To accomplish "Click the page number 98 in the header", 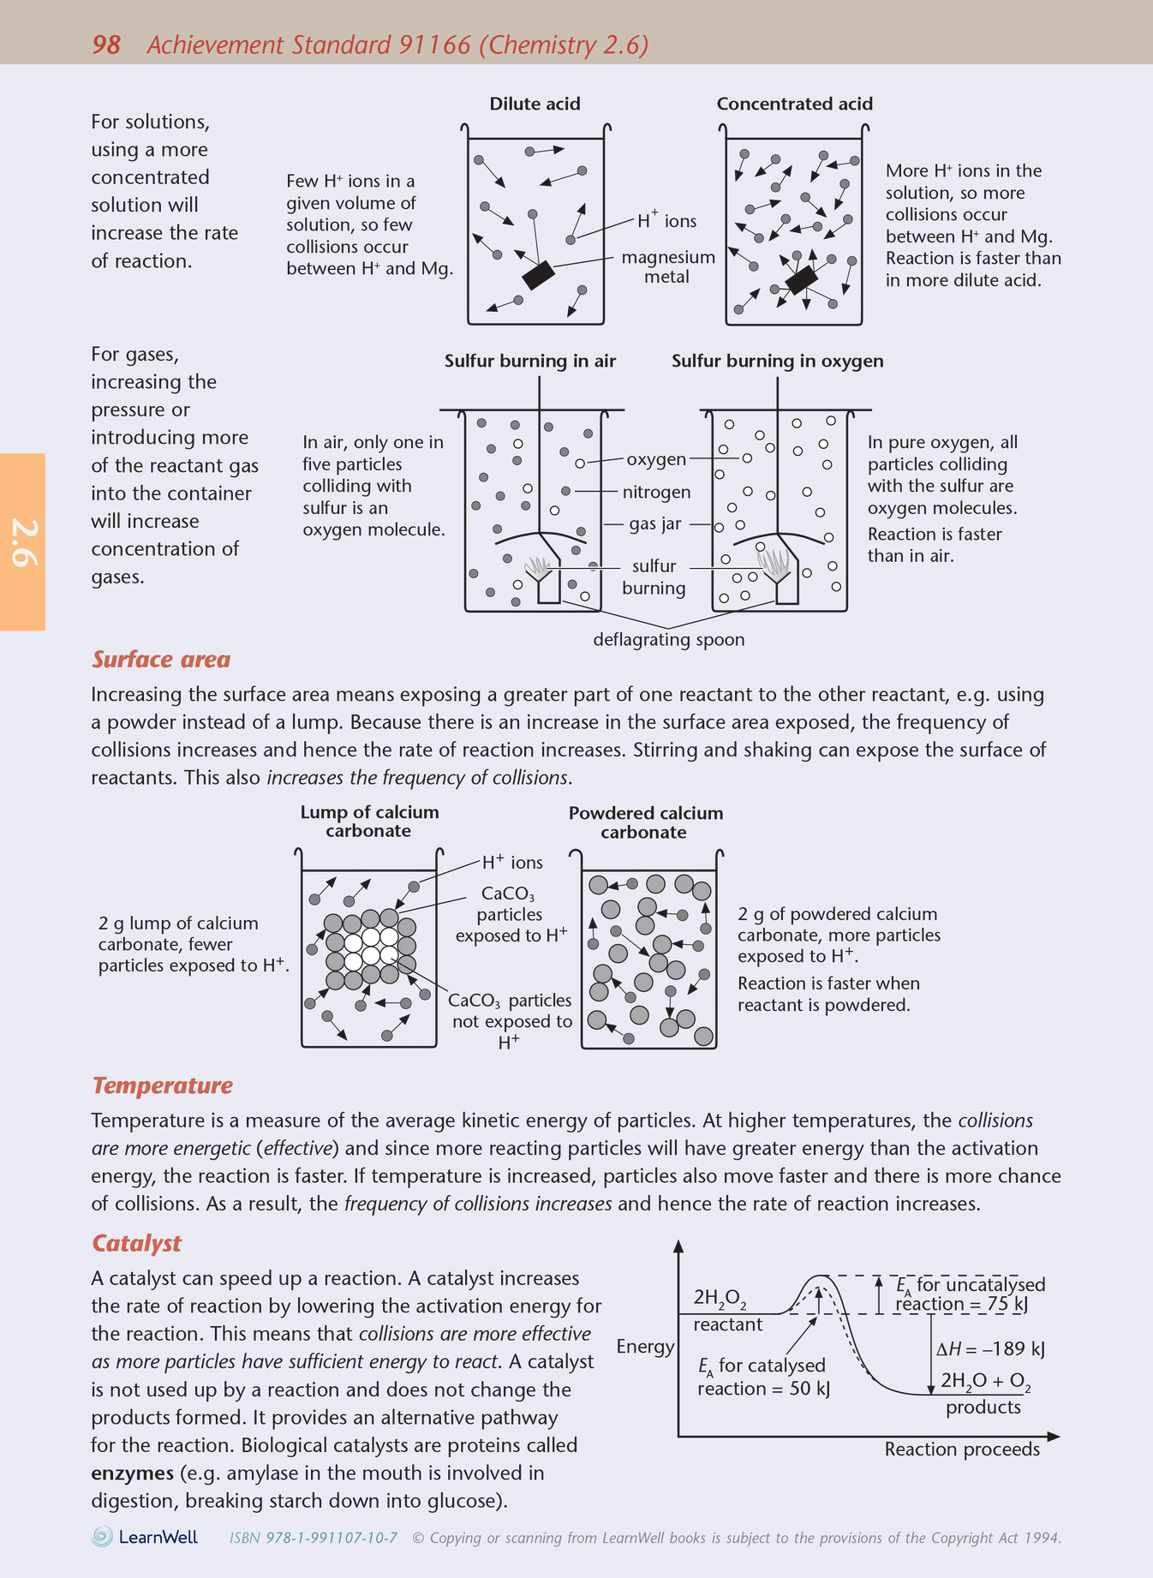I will click(x=106, y=45).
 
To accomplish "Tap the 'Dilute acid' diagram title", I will click(x=535, y=104).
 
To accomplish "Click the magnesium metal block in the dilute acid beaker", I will click(x=538, y=275).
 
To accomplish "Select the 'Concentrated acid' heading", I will click(x=794, y=104).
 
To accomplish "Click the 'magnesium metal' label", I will click(x=667, y=266).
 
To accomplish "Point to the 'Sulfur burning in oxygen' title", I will click(x=777, y=361).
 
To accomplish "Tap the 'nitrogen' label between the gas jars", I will click(x=656, y=492).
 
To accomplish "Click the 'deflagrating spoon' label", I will click(x=669, y=639).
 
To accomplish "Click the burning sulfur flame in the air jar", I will click(x=537, y=565).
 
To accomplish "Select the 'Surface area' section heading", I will click(x=161, y=659).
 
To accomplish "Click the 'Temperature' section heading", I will click(x=162, y=1085).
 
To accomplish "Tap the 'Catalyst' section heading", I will click(x=137, y=1243).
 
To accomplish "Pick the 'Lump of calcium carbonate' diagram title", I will click(x=369, y=821).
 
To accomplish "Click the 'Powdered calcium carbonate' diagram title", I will click(x=645, y=822).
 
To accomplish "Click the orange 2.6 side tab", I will click(x=22, y=541).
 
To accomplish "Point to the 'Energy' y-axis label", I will click(x=645, y=1346).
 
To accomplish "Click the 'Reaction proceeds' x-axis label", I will click(x=961, y=1449).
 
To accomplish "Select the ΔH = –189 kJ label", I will click(x=990, y=1348).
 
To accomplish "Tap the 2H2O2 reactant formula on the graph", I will click(x=720, y=1297).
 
